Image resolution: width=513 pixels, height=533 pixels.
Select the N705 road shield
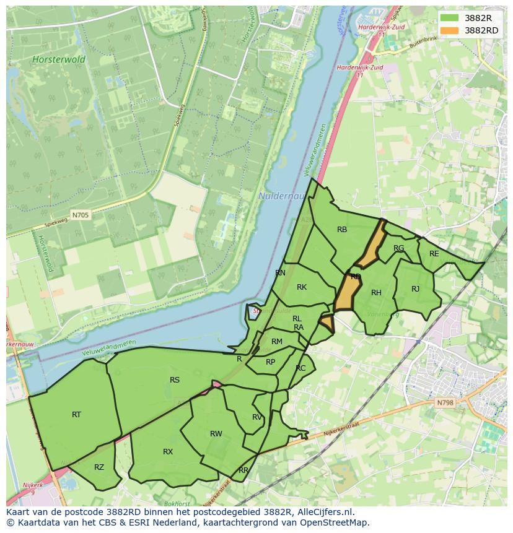coord(81,215)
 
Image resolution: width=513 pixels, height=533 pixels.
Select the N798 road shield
coord(445,402)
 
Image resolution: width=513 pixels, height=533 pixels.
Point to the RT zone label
coord(76,415)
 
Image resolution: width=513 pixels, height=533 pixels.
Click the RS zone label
coord(175,380)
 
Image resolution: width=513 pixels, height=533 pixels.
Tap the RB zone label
coord(342,230)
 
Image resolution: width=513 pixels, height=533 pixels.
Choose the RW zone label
coord(216,434)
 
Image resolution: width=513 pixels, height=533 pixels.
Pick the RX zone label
coord(168,452)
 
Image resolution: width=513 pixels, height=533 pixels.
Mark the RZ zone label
coord(99,467)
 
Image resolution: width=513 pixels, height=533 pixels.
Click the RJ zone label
coord(415,289)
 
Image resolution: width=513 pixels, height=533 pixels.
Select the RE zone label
coord(434,254)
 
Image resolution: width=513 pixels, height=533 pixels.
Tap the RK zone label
coord(302,287)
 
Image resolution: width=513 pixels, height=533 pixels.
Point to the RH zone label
coord(376,293)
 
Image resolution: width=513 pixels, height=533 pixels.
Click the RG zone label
coord(399,248)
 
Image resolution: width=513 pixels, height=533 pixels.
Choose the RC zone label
coord(300,368)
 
